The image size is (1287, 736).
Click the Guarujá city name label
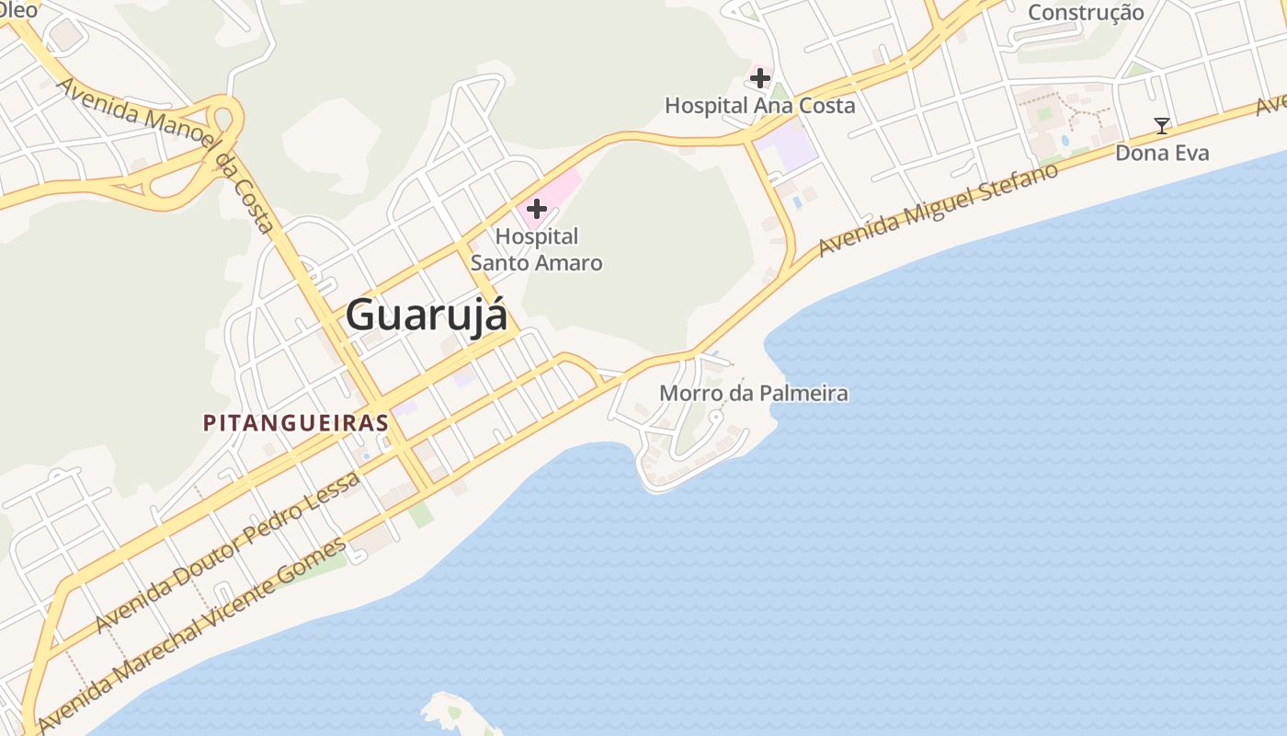tap(427, 316)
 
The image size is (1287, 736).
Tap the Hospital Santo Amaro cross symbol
tap(537, 209)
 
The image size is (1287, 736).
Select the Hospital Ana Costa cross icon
tap(759, 78)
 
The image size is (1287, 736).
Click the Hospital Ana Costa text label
tap(759, 106)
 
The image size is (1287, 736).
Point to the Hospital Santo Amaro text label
tap(537, 249)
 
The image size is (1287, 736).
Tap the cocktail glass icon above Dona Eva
tap(1162, 126)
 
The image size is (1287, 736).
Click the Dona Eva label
tap(1162, 153)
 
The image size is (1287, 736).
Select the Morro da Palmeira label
tap(754, 394)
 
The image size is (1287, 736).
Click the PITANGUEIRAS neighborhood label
tap(295, 423)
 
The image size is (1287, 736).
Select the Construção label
tap(1086, 13)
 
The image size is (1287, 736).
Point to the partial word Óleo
tap(18, 9)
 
